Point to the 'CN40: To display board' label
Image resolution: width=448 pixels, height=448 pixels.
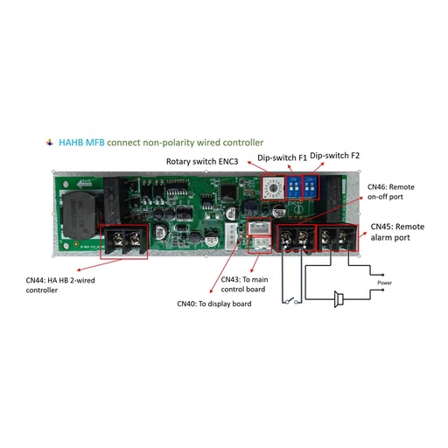point(212,304)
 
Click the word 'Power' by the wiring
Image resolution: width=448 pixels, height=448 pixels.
point(383,283)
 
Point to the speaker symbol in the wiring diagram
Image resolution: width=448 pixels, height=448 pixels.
point(339,304)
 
